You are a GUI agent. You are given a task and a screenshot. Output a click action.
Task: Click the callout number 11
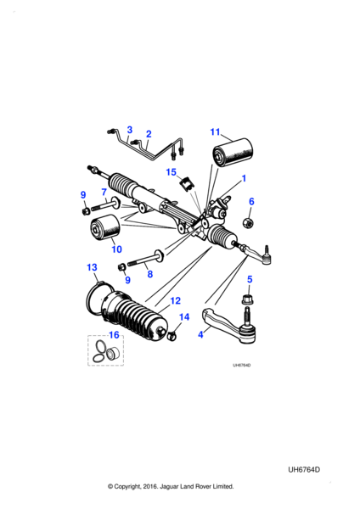215,132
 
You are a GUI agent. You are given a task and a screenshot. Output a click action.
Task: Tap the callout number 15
171,172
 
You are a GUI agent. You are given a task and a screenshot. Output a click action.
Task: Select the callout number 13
92,267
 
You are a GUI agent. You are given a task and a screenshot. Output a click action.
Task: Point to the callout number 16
114,335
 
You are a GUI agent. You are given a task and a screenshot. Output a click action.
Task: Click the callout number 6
251,201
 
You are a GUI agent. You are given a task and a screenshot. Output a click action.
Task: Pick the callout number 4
200,334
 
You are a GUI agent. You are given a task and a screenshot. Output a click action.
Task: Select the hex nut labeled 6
248,222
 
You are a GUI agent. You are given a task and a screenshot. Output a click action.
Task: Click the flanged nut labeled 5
247,299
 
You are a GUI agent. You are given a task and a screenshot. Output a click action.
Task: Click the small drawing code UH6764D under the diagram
241,365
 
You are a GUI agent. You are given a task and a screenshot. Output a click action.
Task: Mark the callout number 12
175,301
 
